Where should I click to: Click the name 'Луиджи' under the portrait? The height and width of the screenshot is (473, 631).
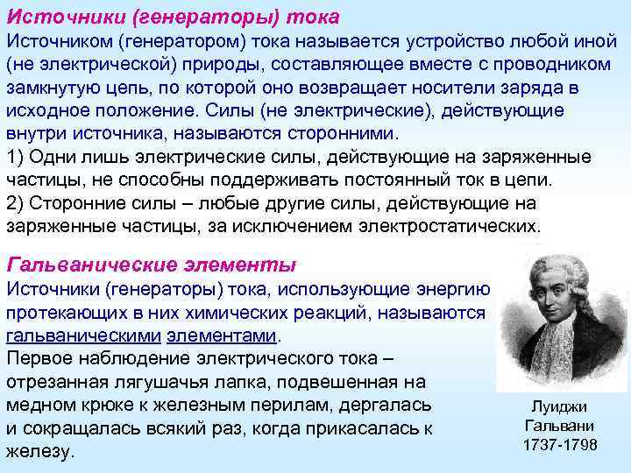(x=559, y=406)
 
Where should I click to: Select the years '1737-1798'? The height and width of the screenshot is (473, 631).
(x=559, y=445)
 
